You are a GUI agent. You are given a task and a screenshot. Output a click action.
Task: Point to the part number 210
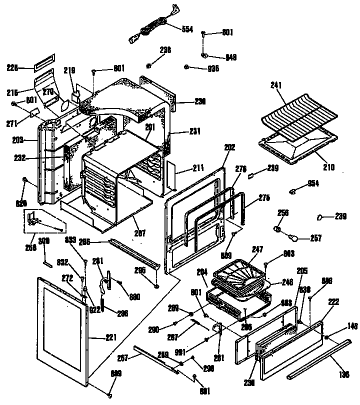(x=328, y=167)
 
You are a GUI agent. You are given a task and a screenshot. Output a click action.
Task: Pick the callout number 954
(x=313, y=183)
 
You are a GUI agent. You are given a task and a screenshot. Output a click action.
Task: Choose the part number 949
(x=231, y=57)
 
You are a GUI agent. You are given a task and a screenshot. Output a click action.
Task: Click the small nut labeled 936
(x=186, y=67)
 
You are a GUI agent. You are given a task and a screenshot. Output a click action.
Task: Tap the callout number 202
(x=230, y=147)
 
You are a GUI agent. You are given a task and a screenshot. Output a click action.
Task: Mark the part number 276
(x=241, y=169)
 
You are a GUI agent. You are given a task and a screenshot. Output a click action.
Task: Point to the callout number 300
(x=44, y=240)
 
